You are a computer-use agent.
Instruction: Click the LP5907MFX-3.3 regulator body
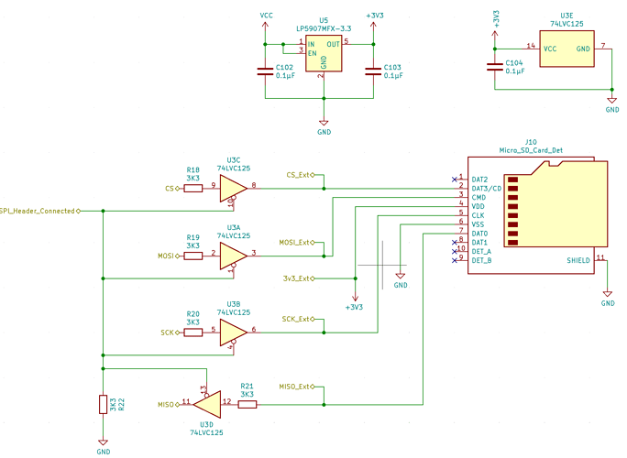click(x=324, y=55)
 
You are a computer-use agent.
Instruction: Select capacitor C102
click(x=265, y=71)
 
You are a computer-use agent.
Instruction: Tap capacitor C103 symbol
click(x=373, y=71)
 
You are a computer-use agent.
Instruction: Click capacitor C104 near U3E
click(x=495, y=65)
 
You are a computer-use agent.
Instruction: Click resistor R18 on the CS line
click(x=193, y=188)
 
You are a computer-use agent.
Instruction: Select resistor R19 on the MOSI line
click(x=193, y=256)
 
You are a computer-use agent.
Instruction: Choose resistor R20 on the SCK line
click(x=193, y=332)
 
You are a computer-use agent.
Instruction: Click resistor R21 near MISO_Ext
click(x=247, y=403)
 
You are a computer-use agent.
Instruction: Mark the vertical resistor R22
click(x=103, y=404)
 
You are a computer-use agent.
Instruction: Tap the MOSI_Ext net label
click(x=295, y=243)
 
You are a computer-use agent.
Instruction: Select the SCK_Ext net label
click(x=297, y=319)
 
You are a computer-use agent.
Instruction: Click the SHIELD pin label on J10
click(x=578, y=260)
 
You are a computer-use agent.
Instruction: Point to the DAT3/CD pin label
click(x=486, y=188)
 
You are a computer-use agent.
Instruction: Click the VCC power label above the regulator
click(x=266, y=16)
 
